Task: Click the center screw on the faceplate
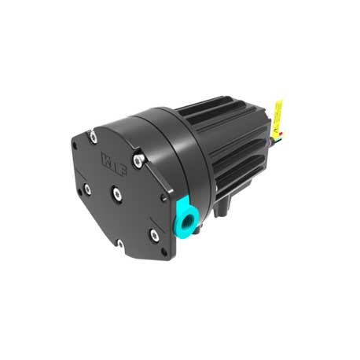tap(116, 191)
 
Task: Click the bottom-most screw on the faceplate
tap(119, 244)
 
